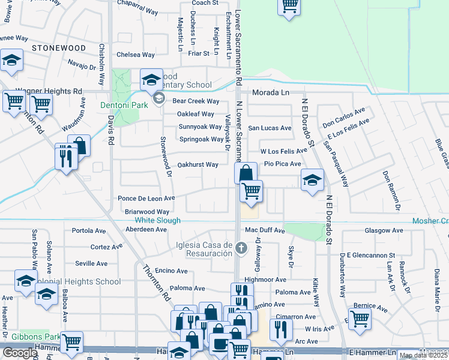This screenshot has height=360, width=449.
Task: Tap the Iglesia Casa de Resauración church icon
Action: pyautogui.click(x=240, y=248)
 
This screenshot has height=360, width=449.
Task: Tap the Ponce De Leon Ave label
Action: pyautogui.click(x=146, y=198)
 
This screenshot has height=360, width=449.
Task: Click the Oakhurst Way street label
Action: pyautogui.click(x=198, y=164)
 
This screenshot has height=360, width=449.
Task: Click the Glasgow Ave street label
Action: pyautogui.click(x=384, y=230)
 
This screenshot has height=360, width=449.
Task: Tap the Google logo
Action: pyautogui.click(x=20, y=353)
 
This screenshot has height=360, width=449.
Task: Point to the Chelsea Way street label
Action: pyautogui.click(x=135, y=55)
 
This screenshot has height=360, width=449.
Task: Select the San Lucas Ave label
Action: pyautogui.click(x=270, y=128)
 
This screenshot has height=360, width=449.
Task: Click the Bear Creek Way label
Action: pyautogui.click(x=196, y=101)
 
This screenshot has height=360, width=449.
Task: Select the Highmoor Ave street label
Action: pyautogui.click(x=265, y=280)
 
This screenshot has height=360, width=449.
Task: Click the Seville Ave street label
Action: pyautogui.click(x=91, y=263)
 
